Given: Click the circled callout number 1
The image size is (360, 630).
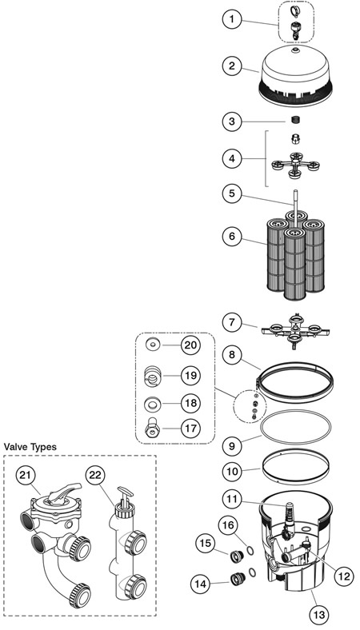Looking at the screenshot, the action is point(232,19).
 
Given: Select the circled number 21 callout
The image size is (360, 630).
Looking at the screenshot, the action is point(26,476).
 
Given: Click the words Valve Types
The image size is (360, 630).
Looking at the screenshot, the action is point(30,446).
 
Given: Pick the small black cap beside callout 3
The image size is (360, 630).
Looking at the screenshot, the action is point(296,120).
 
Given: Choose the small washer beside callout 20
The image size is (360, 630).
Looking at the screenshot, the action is point(153,345).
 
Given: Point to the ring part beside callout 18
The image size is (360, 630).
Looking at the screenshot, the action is point(152,403).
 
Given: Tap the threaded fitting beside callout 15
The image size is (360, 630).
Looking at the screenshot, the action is point(236,556).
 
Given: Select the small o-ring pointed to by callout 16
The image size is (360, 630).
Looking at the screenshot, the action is point(250,551).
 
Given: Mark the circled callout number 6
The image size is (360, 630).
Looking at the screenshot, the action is point(232,237).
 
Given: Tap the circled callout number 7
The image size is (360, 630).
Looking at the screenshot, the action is point(232,322).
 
